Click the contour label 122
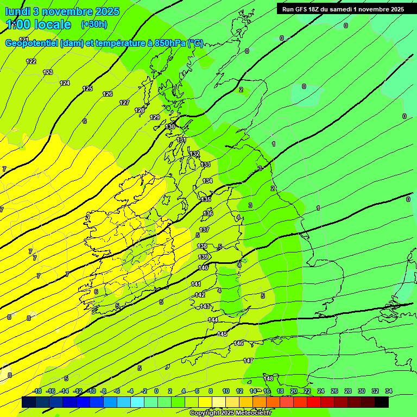pos(31,61)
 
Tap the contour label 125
pos(87,89)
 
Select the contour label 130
pos(170,127)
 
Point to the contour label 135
pos(206,200)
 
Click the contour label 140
pos(203,268)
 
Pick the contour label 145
pos(222,334)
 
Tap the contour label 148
pos(268,378)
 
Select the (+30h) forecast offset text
pos(94,24)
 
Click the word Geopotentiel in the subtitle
pos(31,43)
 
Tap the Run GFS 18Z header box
pos(343,9)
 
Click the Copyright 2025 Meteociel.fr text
pos(230,413)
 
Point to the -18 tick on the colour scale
pos(37,391)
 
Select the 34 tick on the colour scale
pos(389,391)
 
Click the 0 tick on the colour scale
pos(156,391)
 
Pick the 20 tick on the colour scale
pos(293,391)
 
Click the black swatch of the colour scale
pos(381,402)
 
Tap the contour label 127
pos(124,103)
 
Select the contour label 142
pos(200,295)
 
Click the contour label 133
pos(205,165)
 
